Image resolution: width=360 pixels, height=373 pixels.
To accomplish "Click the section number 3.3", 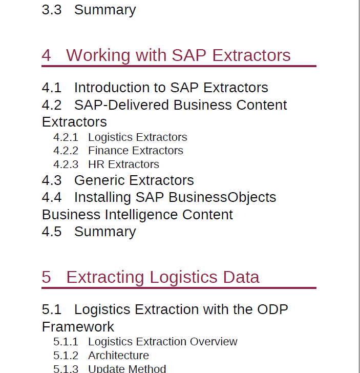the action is coord(52,10).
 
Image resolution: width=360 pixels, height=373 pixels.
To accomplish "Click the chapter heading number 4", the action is coord(46,55).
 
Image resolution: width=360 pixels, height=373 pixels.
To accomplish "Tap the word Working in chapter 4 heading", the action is coord(98,56).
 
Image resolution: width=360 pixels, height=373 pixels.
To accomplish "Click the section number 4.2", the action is coord(52,105).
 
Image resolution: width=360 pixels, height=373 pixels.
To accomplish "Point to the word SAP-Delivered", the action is coord(121,105).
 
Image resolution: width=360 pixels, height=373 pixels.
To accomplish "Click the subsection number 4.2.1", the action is coord(66,137).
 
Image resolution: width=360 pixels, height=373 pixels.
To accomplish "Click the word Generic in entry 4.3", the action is coord(99,180).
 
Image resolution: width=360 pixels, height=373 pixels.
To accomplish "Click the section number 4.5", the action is coord(52,232).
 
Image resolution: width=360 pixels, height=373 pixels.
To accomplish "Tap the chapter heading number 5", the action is coord(46,277).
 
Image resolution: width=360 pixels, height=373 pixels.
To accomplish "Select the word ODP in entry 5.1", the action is coord(272,309).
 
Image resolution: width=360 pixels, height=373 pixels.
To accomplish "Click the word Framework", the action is coord(78,326).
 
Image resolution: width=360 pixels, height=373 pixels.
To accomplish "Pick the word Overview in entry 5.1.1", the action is coord(214,342).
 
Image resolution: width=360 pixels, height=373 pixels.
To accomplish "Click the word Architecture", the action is coord(118,356).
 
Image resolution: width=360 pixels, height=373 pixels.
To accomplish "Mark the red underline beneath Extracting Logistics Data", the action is coord(179,288).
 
